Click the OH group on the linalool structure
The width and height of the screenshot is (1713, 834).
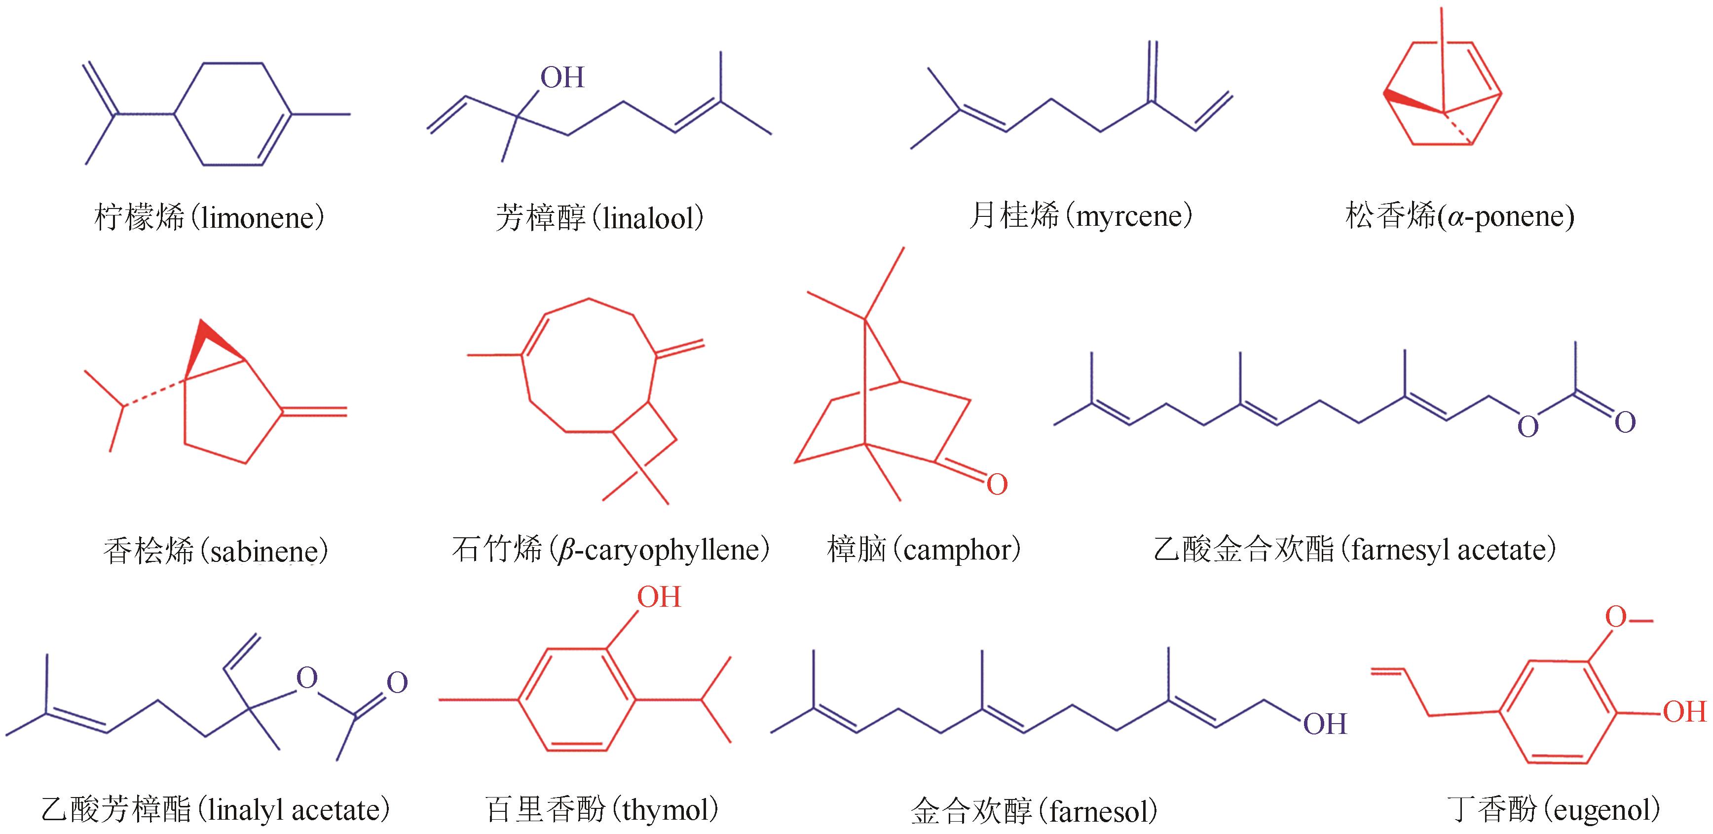[x=562, y=78]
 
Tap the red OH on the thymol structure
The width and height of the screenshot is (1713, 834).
[x=658, y=597]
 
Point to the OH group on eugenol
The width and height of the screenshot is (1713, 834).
[x=1684, y=712]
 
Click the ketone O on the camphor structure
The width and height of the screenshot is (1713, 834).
[x=997, y=485]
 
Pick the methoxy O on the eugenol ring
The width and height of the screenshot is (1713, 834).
[x=1615, y=617]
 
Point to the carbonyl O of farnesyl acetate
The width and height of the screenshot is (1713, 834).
[x=1625, y=422]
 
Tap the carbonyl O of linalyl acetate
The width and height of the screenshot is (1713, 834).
[x=397, y=683]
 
